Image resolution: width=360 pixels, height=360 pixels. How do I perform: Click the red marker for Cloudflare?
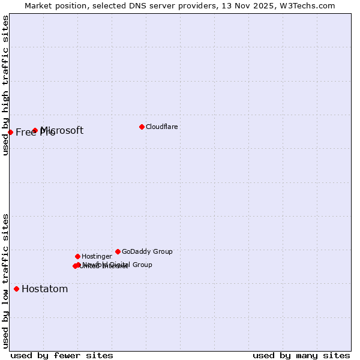pyautogui.click(x=142, y=127)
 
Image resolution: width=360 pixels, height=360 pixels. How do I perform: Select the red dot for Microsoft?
pyautogui.click(x=35, y=130)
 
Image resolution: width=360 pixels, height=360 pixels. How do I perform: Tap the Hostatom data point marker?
pyautogui.click(x=16, y=289)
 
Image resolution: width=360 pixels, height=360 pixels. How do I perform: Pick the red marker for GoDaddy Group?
pyautogui.click(x=118, y=251)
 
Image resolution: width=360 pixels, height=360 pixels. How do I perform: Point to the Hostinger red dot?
pyautogui.click(x=77, y=256)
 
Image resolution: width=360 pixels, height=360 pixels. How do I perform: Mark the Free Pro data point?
pyautogui.click(x=10, y=132)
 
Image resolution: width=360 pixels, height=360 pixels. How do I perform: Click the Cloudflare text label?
pyautogui.click(x=161, y=127)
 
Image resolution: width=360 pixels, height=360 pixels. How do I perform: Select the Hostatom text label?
pyautogui.click(x=44, y=289)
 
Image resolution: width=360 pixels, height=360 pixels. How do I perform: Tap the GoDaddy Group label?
pyautogui.click(x=147, y=251)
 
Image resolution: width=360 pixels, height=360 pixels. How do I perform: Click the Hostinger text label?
pyautogui.click(x=97, y=256)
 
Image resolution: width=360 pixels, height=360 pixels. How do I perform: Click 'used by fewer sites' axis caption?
pyautogui.click(x=62, y=355)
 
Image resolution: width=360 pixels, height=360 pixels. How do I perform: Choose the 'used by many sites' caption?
pyautogui.click(x=301, y=355)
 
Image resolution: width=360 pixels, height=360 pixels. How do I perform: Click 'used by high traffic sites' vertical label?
pyautogui.click(x=5, y=85)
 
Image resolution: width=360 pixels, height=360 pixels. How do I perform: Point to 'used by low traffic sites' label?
pyautogui.click(x=5, y=280)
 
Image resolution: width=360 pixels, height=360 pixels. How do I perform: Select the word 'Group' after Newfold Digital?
pyautogui.click(x=142, y=265)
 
